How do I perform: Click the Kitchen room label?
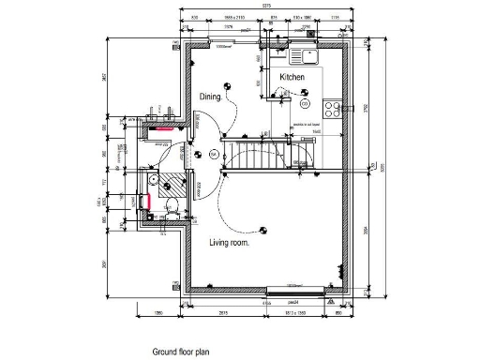coord(292,77)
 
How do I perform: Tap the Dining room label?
coord(211,97)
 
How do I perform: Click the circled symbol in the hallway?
coord(214,153)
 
